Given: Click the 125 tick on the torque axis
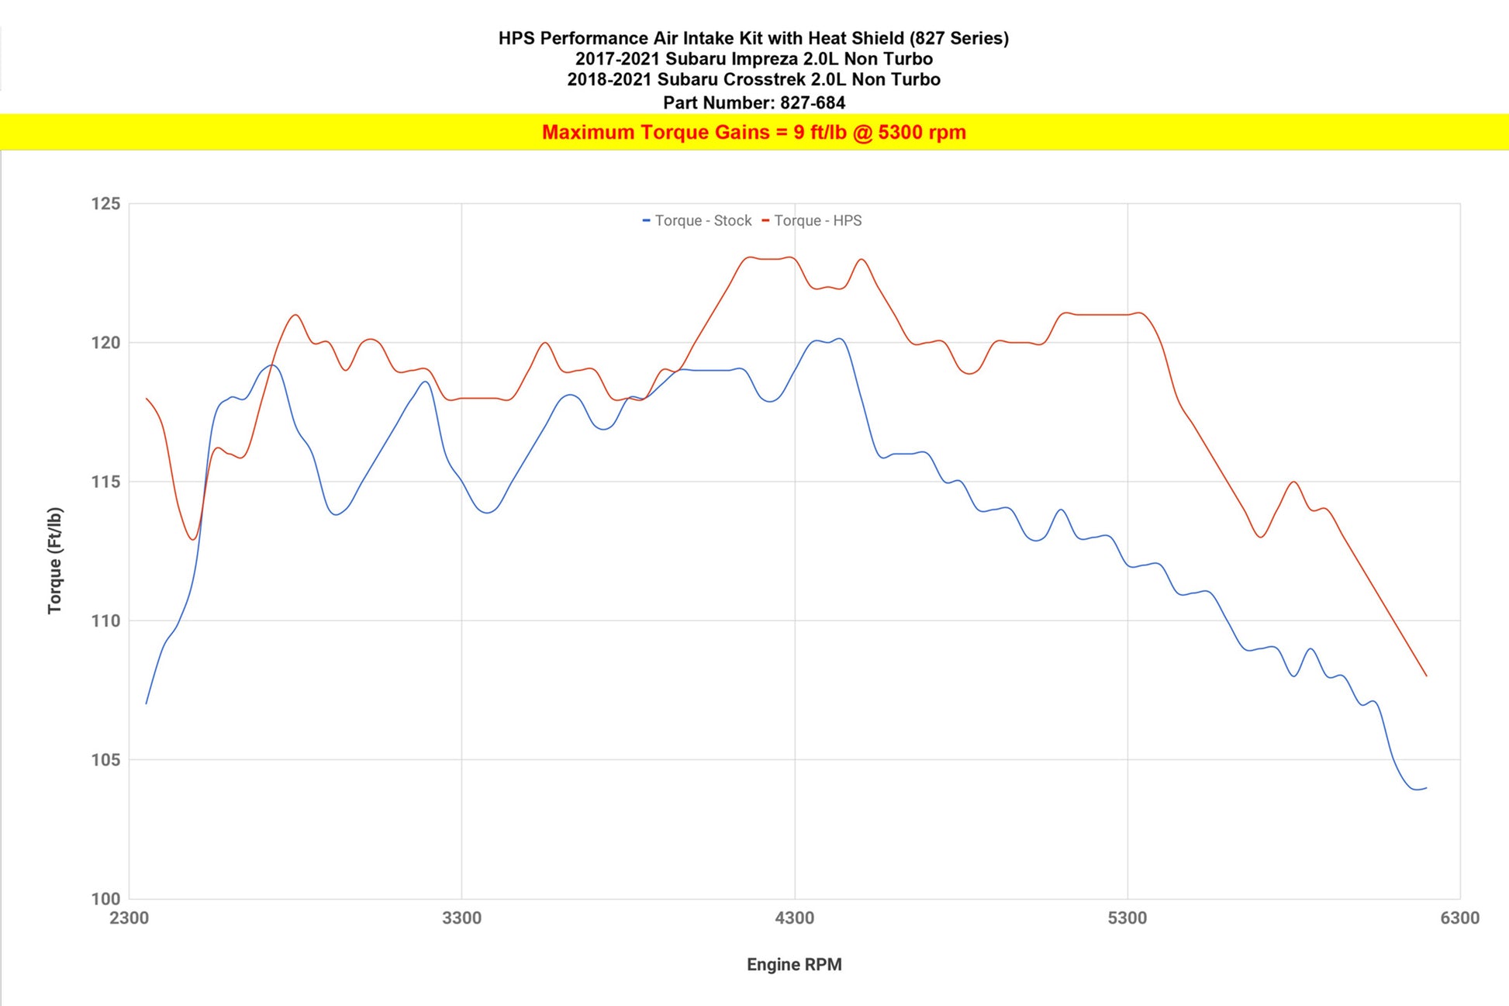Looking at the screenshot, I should [106, 204].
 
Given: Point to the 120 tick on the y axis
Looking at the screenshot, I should [106, 343].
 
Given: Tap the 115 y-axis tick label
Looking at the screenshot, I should [106, 482].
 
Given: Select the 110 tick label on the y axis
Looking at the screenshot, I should [106, 621].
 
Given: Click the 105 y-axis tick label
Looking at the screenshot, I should [106, 760].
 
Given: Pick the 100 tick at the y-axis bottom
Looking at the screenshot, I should [106, 899].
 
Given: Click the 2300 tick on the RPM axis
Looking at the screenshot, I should [129, 918].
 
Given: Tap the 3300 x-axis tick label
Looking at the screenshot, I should [462, 918].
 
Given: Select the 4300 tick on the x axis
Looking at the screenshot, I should [795, 918].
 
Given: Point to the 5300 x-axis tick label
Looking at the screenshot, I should [1127, 918].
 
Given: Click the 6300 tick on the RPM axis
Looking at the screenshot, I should [1460, 918].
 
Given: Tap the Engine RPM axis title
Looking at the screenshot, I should [794, 965].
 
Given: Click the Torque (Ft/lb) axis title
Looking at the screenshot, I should [54, 561].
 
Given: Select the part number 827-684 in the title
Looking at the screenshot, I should [813, 102].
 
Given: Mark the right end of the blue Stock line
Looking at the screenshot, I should [1426, 788].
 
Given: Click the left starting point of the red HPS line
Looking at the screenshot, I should [147, 399].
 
